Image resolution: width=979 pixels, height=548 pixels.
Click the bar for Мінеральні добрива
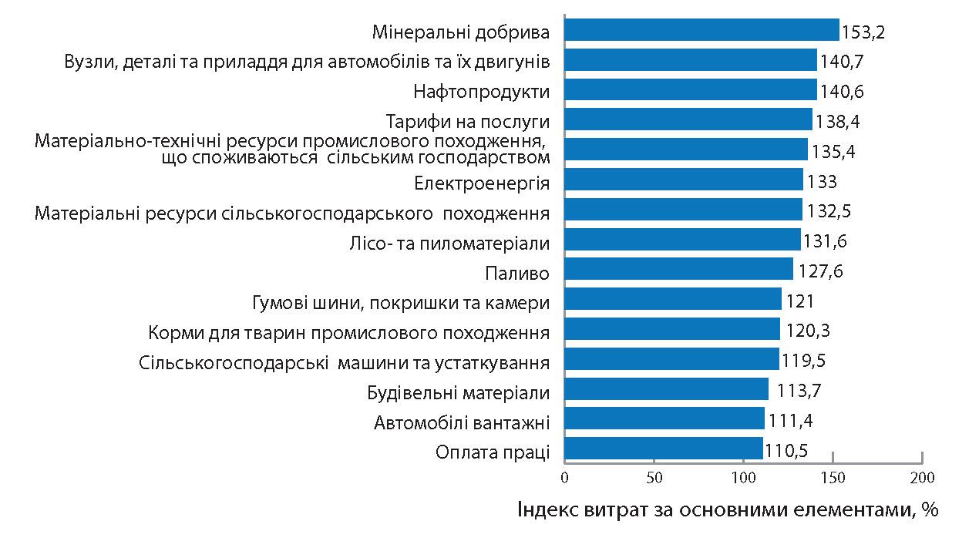pos(701,30)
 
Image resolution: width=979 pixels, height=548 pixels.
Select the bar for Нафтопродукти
pos(690,89)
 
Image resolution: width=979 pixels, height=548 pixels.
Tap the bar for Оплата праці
pos(663,448)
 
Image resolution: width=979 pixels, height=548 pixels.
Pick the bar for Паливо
pos(678,269)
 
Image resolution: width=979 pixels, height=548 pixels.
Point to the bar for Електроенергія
pos(683,180)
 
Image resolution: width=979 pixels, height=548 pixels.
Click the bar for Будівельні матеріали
pos(666,388)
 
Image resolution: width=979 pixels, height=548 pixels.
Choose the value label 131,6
pos(826,240)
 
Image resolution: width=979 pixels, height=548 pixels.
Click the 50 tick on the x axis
pos(654,478)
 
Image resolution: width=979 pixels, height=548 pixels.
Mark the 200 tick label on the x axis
pos(922,478)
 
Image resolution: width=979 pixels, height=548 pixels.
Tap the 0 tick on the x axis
pos(564,478)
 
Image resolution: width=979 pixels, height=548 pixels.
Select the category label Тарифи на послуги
pos(467,122)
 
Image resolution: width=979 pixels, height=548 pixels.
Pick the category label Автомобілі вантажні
pos(462,422)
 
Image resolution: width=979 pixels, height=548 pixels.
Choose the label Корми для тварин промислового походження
pos(348,333)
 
